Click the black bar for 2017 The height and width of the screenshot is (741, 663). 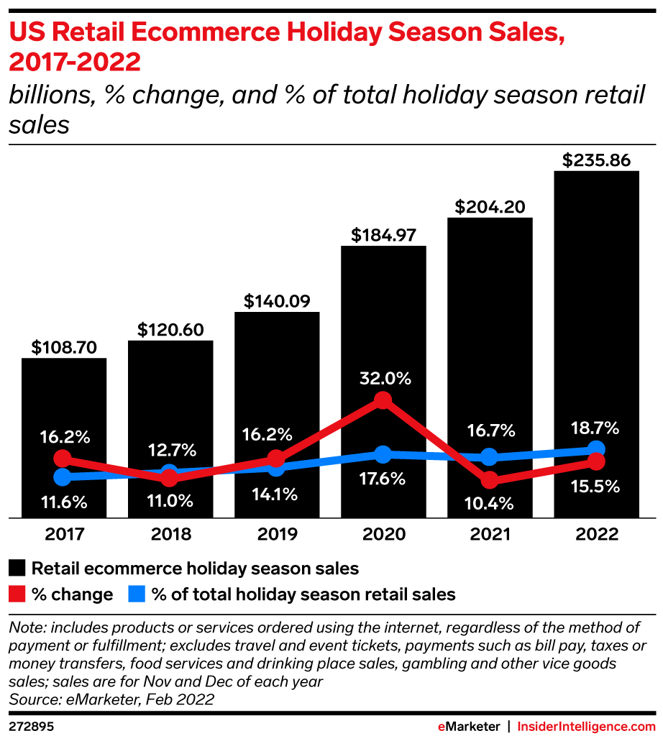(x=64, y=402)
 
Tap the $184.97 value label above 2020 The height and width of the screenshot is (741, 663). (x=383, y=234)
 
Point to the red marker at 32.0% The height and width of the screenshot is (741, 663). (x=383, y=400)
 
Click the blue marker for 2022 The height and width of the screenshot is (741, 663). (x=595, y=450)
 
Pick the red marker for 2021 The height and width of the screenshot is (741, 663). (x=490, y=479)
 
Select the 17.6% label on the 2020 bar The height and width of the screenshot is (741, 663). (x=383, y=479)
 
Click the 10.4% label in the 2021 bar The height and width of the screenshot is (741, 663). (x=489, y=504)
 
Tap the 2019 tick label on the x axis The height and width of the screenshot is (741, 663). (x=277, y=535)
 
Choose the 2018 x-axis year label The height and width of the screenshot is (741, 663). (x=170, y=535)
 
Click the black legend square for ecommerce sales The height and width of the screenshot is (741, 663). (x=17, y=569)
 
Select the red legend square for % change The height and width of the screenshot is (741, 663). (x=17, y=594)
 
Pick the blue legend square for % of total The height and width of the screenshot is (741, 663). (x=137, y=594)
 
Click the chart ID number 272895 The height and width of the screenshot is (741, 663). (x=32, y=727)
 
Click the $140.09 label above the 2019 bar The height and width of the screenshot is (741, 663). (x=277, y=300)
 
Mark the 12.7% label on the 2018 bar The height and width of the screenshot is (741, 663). (x=170, y=451)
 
